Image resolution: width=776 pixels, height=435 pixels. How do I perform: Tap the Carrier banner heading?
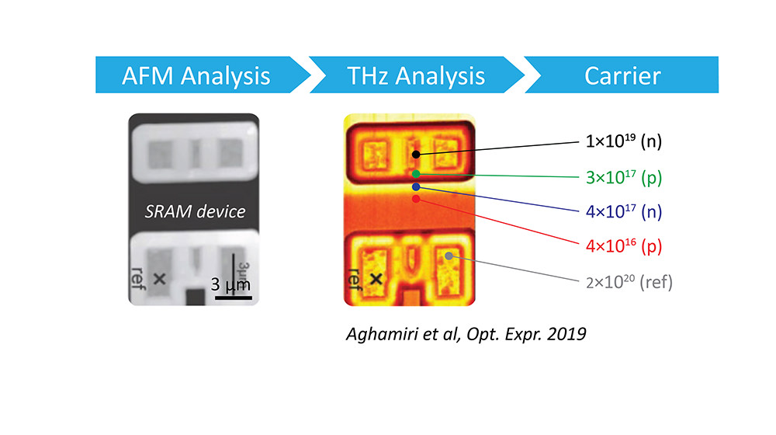623,76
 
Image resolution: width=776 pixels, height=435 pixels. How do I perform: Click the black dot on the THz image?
416,154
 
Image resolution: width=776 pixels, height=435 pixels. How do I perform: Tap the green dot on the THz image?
417,173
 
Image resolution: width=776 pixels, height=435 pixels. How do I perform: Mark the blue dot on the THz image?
417,187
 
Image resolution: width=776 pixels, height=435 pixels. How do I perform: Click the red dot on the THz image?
417,200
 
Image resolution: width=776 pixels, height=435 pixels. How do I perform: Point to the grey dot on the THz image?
449,256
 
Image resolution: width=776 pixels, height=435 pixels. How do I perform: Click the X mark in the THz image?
376,278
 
